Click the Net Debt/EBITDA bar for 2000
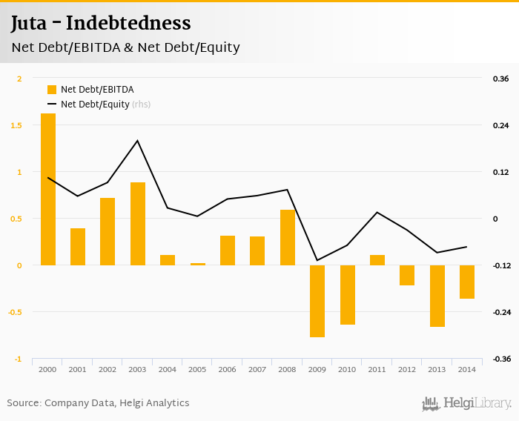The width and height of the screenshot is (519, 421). pyautogui.click(x=48, y=189)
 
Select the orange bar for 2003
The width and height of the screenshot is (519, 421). pyautogui.click(x=138, y=223)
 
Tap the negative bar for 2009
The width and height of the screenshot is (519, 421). pyautogui.click(x=317, y=301)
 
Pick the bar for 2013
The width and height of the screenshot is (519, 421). pyautogui.click(x=437, y=296)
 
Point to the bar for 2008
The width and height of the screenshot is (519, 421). pyautogui.click(x=288, y=237)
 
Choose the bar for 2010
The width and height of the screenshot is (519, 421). pyautogui.click(x=348, y=294)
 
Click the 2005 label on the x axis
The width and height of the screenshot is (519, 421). pyautogui.click(x=197, y=369)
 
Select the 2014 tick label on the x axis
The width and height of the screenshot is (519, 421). pyautogui.click(x=467, y=369)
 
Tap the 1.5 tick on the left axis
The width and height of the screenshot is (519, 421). pyautogui.click(x=19, y=125)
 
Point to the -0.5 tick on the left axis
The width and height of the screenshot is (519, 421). pyautogui.click(x=17, y=312)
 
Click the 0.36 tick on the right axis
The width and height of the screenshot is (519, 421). pyautogui.click(x=500, y=79)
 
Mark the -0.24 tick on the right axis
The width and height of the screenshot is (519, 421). pyautogui.click(x=500, y=312)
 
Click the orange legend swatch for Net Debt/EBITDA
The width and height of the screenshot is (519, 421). pyautogui.click(x=52, y=90)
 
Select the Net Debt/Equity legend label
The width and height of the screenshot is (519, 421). pyautogui.click(x=95, y=105)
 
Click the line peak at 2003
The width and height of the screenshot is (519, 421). pyautogui.click(x=138, y=141)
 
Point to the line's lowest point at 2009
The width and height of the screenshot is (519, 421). pyautogui.click(x=317, y=260)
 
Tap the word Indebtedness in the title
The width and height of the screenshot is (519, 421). pyautogui.click(x=128, y=23)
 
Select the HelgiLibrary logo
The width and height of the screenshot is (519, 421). pyautogui.click(x=467, y=403)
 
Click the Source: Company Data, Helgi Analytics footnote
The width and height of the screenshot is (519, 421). pyautogui.click(x=98, y=403)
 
